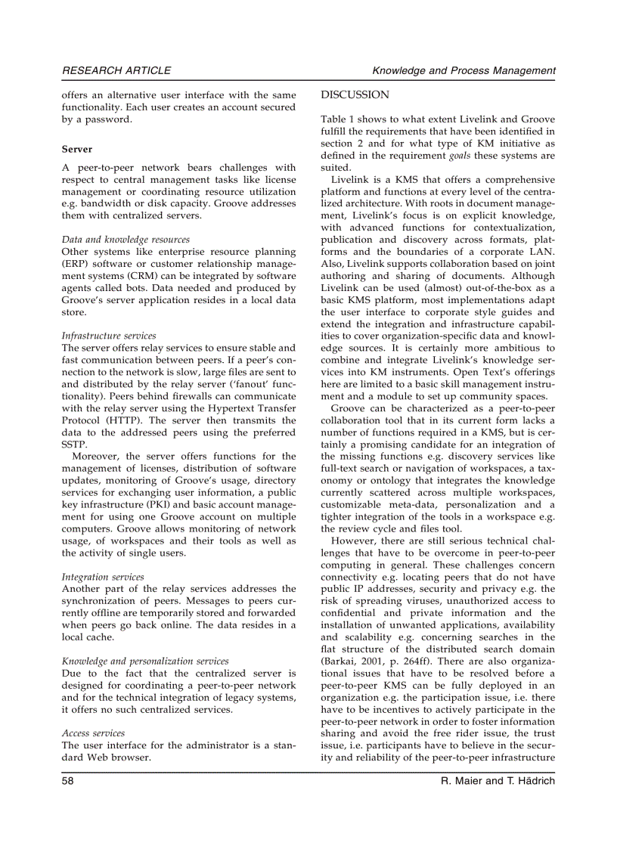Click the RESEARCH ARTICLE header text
point(116,70)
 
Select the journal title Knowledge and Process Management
point(464,70)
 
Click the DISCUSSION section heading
point(355,95)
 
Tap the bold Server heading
point(77,150)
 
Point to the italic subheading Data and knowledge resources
point(126,239)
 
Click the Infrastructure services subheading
point(109,336)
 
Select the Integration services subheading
point(103,577)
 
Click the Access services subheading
point(93,733)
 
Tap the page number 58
point(68,780)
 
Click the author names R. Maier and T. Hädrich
point(498,780)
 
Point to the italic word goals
point(460,156)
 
